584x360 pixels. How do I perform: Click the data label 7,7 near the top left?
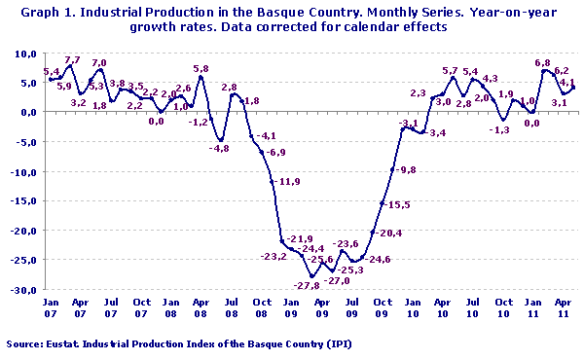[72, 60]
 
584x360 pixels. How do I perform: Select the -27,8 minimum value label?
[309, 284]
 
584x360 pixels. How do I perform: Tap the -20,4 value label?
[391, 234]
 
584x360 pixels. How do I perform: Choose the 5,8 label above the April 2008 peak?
[201, 68]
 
